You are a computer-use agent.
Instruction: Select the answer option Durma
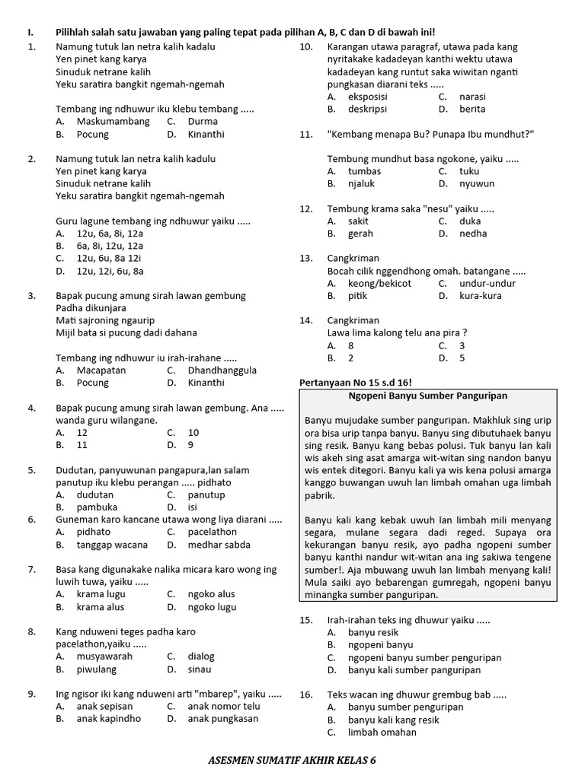203,121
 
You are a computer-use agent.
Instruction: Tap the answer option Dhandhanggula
222,370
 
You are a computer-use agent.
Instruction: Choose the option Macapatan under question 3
101,370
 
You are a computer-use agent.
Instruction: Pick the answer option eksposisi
368,97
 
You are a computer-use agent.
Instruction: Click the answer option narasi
472,97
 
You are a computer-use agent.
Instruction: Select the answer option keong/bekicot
379,283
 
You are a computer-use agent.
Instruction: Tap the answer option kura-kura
481,296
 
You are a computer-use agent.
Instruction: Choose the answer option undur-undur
487,283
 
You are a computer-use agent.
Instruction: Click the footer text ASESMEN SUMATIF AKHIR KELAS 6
292,761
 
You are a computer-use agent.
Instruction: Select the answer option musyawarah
104,657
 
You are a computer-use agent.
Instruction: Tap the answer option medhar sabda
221,545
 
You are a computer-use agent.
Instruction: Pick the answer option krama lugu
102,594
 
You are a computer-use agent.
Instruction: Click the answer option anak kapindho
108,719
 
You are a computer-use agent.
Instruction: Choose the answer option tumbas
364,171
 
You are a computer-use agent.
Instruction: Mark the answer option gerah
360,234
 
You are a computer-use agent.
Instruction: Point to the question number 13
306,258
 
